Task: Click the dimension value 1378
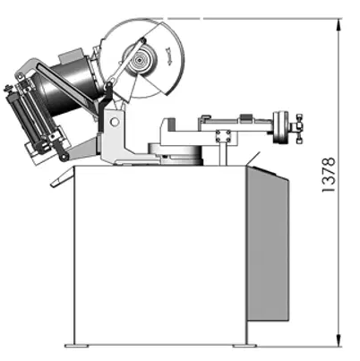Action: pyautogui.click(x=329, y=175)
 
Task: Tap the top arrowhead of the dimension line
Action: pyautogui.click(x=339, y=24)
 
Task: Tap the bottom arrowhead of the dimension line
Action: pyautogui.click(x=339, y=340)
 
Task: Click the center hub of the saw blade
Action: pyautogui.click(x=140, y=61)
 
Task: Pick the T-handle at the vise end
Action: pyautogui.click(x=299, y=128)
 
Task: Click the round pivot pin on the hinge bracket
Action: pyautogui.click(x=114, y=122)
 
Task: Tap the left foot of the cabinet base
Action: pyautogui.click(x=77, y=346)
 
